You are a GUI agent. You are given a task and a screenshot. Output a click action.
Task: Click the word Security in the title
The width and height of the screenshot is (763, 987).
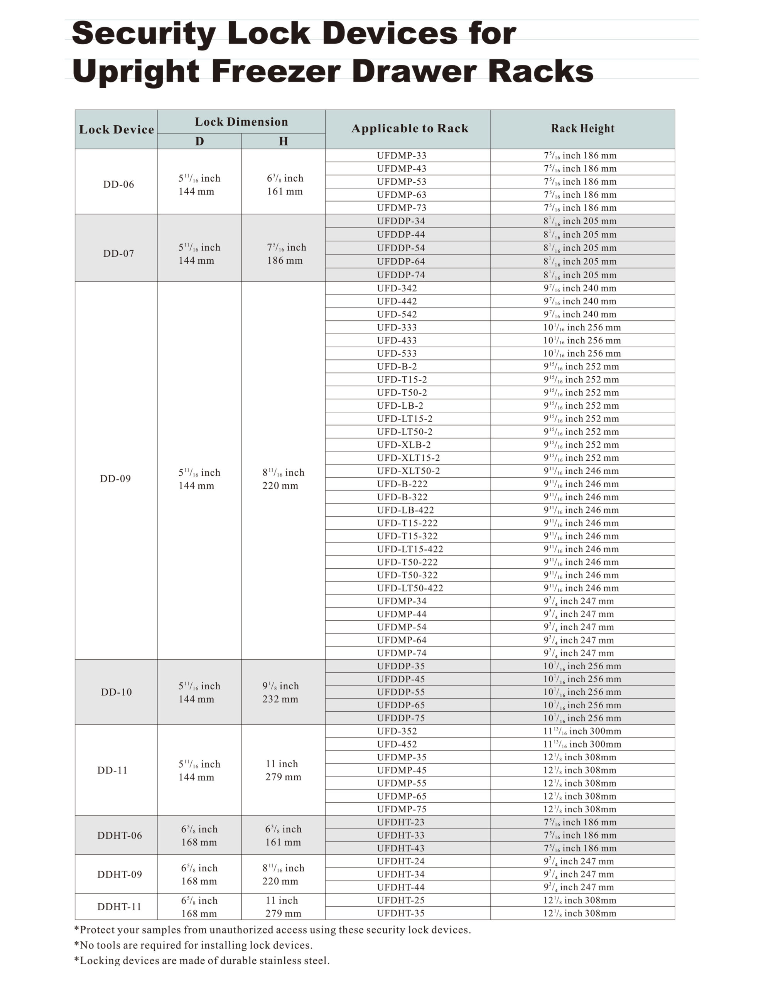click(x=144, y=34)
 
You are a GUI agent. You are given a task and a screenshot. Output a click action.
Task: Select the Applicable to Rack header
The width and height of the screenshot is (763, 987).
click(x=409, y=129)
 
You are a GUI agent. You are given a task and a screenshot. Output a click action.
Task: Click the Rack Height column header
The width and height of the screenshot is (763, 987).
click(x=582, y=129)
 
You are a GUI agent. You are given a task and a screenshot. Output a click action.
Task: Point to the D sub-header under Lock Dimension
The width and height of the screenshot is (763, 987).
click(x=199, y=141)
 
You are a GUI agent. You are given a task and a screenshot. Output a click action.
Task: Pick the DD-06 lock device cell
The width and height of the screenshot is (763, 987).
click(x=118, y=184)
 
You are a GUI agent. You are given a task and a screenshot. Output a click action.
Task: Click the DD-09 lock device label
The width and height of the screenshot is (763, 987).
click(x=115, y=478)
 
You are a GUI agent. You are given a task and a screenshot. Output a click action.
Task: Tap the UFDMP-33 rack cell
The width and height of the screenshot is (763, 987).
click(x=401, y=155)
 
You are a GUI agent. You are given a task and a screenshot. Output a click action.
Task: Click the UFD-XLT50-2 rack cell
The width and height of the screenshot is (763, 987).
click(x=408, y=471)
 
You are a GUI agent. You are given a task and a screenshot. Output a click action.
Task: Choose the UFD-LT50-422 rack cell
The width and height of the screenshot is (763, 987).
click(x=410, y=588)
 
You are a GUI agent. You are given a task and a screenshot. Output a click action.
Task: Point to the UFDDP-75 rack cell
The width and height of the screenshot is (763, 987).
click(x=401, y=718)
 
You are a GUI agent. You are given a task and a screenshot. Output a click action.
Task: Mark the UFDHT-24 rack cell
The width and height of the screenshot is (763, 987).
click(x=401, y=861)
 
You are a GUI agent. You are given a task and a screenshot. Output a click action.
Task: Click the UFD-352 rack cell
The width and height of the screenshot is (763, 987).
click(x=397, y=731)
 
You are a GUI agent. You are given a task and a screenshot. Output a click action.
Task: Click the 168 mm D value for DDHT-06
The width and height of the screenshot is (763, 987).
click(x=199, y=842)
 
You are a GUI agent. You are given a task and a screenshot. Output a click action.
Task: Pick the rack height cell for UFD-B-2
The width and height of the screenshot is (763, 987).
click(x=581, y=367)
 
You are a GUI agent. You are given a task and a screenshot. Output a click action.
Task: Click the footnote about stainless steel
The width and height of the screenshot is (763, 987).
click(x=202, y=960)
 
